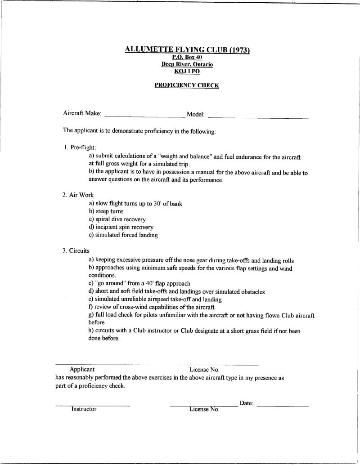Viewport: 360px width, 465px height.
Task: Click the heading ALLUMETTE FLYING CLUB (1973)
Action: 187,50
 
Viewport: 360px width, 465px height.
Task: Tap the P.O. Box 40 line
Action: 187,58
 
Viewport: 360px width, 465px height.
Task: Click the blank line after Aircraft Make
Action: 144,116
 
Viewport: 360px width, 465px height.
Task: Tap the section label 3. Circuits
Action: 76,251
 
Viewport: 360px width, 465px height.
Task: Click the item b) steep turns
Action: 106,211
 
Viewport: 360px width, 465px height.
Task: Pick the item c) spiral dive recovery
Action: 117,219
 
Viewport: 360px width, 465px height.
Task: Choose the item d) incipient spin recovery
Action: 121,227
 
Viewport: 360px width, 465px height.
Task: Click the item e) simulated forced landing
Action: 123,235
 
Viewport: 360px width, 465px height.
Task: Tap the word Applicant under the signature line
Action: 82,370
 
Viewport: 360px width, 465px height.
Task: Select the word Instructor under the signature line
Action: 84,409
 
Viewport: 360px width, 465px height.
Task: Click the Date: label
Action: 247,403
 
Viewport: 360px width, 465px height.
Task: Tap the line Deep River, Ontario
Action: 187,64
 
